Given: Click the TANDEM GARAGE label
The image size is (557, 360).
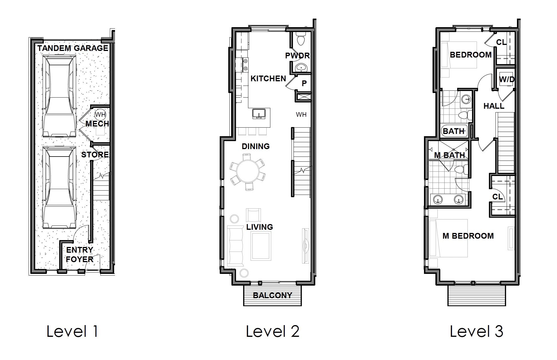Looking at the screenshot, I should [73, 48].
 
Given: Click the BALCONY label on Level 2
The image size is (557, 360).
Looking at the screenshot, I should [272, 295].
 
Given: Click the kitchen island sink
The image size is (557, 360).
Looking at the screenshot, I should [259, 114].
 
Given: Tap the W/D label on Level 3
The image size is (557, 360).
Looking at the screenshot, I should [507, 80].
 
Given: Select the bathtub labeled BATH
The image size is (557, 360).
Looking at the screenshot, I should [454, 131].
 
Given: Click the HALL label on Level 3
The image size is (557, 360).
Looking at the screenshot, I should [494, 106].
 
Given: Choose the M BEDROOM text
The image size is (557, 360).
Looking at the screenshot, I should [468, 236].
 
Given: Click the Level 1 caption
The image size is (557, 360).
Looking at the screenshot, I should [72, 332].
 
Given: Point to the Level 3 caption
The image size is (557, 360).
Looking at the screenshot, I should [476, 332].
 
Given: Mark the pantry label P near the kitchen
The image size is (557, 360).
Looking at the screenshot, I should [304, 83].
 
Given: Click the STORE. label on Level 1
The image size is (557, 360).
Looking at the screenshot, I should [95, 155].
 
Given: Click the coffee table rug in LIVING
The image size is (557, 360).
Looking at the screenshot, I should [261, 246].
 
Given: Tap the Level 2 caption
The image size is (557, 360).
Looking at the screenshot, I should [272, 332].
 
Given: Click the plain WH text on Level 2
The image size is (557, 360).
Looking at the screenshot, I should [301, 115].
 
